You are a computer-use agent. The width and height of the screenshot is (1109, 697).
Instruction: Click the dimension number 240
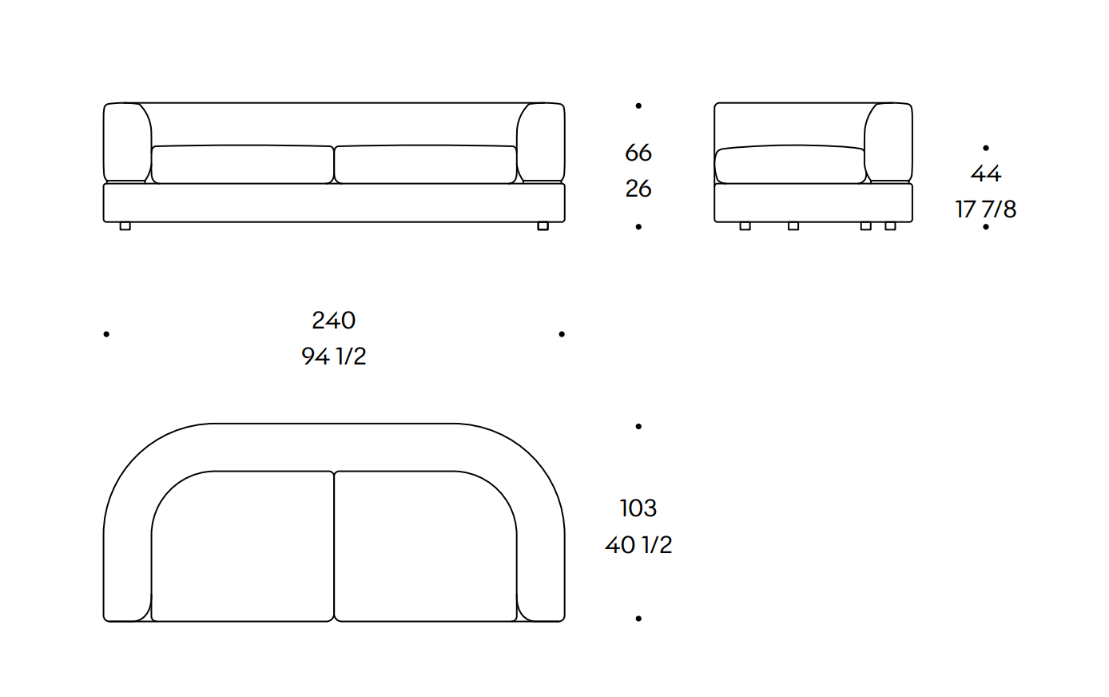tap(334, 321)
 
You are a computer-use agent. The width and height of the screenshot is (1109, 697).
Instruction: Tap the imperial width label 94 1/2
tap(334, 356)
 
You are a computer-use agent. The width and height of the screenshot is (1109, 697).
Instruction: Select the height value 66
tap(638, 153)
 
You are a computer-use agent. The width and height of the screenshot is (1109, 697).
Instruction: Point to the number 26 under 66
tap(638, 189)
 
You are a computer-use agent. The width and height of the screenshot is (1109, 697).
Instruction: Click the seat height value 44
tap(986, 173)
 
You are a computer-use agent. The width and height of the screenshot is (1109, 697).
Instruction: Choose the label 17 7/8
tap(986, 209)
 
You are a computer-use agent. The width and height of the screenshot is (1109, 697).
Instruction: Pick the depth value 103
tap(638, 508)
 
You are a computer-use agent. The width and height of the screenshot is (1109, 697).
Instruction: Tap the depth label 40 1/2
tap(638, 545)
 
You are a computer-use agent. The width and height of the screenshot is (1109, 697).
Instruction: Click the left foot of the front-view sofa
tap(125, 226)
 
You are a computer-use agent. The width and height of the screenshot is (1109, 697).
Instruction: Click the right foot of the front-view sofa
tap(543, 226)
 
